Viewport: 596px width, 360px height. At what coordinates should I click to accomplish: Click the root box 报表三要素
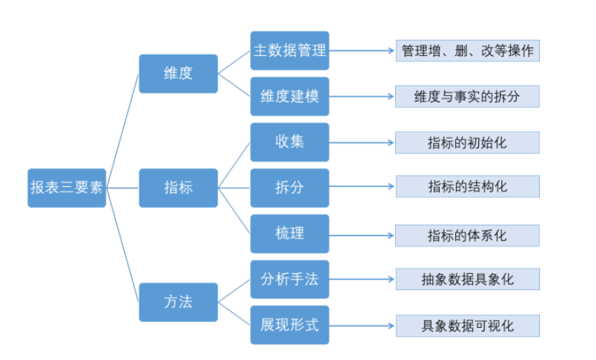point(67,188)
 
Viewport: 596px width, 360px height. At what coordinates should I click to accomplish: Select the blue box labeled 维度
point(178,73)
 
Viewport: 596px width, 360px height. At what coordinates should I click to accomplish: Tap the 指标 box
point(178,188)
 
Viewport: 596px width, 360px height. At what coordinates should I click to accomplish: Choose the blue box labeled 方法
point(178,302)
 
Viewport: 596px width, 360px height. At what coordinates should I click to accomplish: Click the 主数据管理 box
point(289,50)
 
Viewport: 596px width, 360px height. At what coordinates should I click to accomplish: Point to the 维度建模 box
point(289,96)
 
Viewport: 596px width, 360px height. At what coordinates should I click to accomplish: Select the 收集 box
point(289,141)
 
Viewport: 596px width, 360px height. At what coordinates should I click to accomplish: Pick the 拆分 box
point(289,188)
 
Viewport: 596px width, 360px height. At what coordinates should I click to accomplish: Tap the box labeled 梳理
point(289,233)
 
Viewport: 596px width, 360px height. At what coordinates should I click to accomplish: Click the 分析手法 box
point(289,279)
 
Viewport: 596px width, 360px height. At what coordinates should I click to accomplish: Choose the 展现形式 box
point(289,325)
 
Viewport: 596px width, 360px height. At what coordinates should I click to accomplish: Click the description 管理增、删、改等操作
point(467,51)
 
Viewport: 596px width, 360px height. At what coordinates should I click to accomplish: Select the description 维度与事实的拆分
point(467,97)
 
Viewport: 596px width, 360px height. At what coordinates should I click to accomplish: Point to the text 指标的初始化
point(467,143)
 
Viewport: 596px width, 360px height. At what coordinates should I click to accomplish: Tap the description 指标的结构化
point(467,187)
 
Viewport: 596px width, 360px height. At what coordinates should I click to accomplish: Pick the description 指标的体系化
point(467,235)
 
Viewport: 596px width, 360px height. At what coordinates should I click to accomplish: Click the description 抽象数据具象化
point(467,279)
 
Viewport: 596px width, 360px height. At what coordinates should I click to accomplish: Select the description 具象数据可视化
point(467,326)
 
